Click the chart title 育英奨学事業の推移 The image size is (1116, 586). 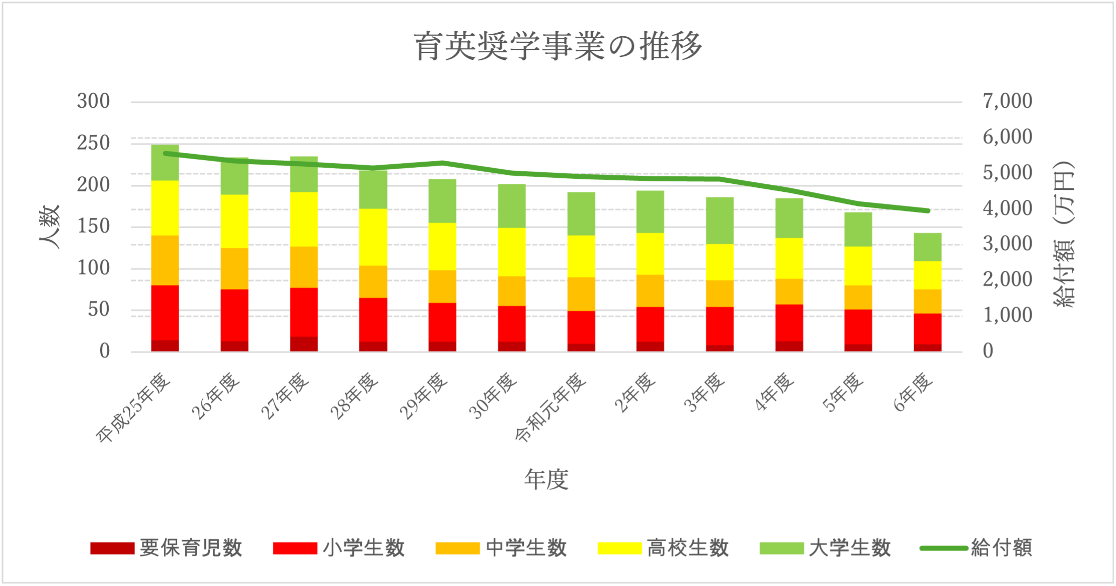[x=557, y=46]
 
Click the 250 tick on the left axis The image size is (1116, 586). [x=94, y=143]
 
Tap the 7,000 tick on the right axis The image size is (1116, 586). [x=1007, y=101]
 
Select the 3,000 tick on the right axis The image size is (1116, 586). [x=1007, y=244]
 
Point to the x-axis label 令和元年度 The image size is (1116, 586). [x=551, y=408]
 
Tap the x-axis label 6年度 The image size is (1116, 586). [x=914, y=393]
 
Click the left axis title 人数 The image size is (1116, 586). [x=50, y=227]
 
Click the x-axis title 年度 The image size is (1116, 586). [x=546, y=479]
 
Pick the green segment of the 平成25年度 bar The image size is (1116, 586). [x=165, y=163]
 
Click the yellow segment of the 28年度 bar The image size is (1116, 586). [x=373, y=237]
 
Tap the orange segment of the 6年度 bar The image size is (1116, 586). [x=927, y=302]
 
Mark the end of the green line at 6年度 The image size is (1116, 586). [x=928, y=210]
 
